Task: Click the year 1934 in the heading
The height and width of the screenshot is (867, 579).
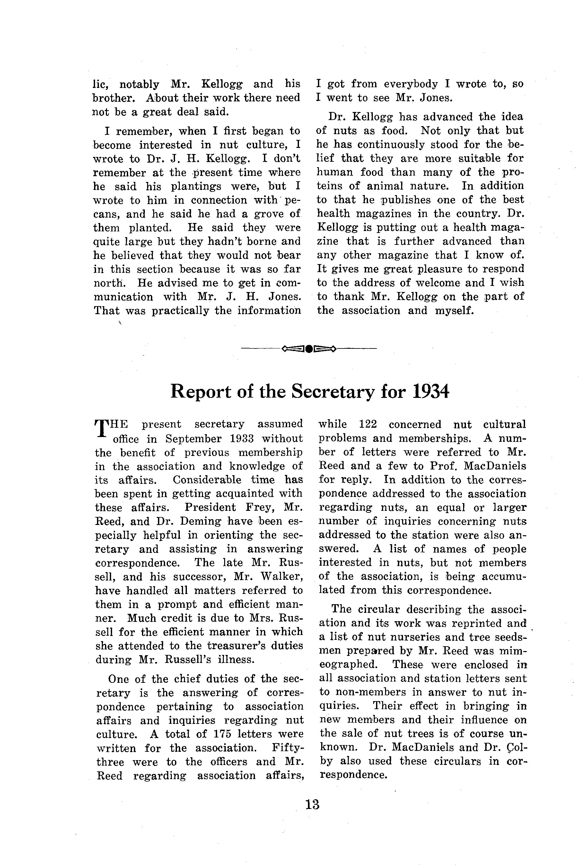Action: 430,392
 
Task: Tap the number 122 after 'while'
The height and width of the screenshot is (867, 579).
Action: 367,424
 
